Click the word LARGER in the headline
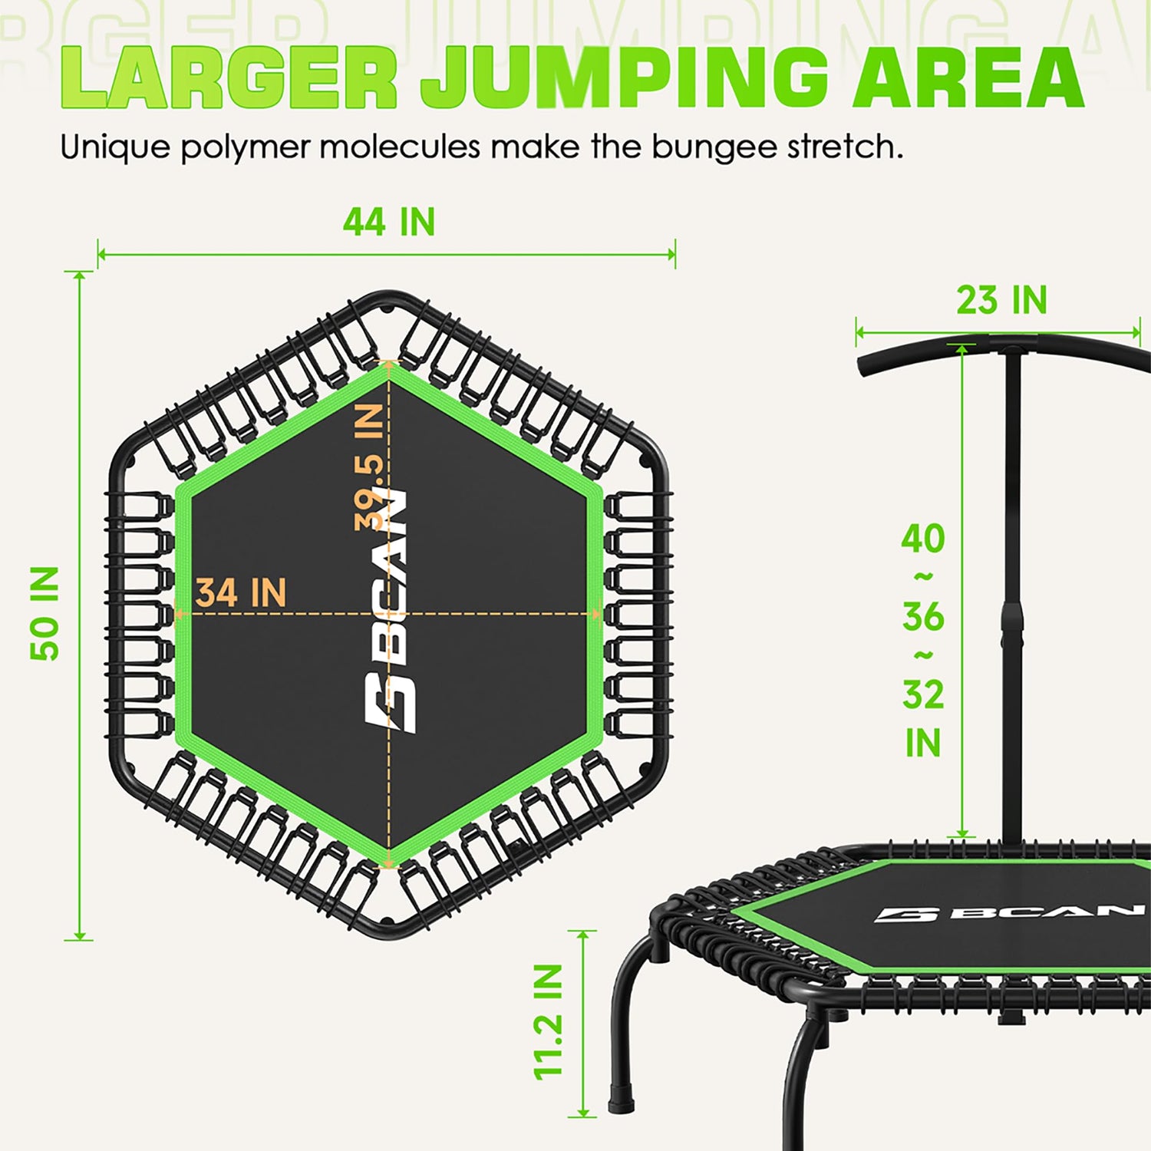click(229, 78)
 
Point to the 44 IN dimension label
click(389, 222)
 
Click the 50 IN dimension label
click(45, 613)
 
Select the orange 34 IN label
click(241, 593)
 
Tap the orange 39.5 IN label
click(369, 467)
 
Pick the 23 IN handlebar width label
click(1001, 299)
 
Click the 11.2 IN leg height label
click(549, 1021)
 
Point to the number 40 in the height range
click(923, 538)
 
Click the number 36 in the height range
click(923, 616)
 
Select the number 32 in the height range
click(923, 694)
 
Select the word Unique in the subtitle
click(115, 147)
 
